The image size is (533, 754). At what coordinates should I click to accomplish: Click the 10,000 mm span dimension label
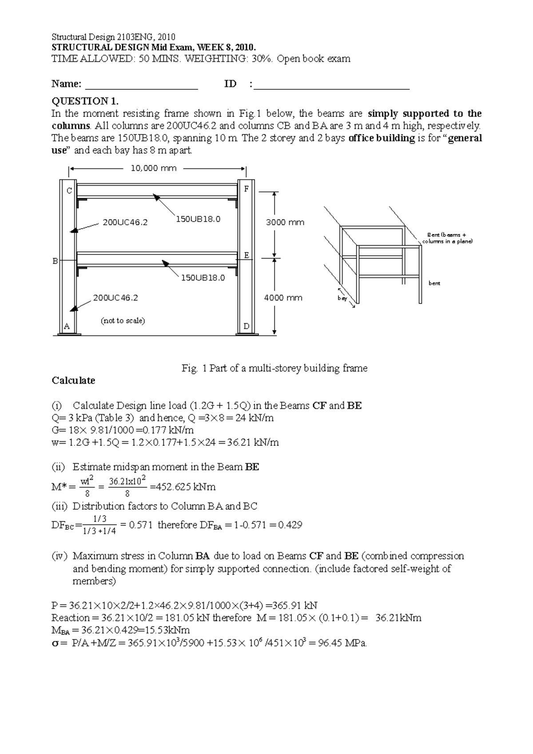coord(153,168)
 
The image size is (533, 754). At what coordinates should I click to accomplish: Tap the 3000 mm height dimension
coord(285,222)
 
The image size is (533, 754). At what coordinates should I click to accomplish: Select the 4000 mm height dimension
coord(283,298)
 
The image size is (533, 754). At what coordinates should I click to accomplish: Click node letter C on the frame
coord(69,191)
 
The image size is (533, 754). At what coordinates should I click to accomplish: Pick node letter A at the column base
coord(67,326)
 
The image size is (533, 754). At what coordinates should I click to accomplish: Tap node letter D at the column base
coord(247,326)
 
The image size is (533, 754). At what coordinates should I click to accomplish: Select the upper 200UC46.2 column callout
coord(125,222)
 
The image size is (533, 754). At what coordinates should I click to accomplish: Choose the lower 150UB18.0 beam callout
coord(202,278)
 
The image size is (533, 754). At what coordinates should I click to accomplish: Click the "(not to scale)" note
coord(123,321)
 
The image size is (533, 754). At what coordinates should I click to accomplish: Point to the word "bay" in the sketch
coord(342,298)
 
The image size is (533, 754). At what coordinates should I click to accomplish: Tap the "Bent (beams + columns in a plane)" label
coord(447,238)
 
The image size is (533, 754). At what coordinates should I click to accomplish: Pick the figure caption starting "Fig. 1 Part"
coord(274,368)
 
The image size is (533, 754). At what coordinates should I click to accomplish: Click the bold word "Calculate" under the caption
coord(73,381)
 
